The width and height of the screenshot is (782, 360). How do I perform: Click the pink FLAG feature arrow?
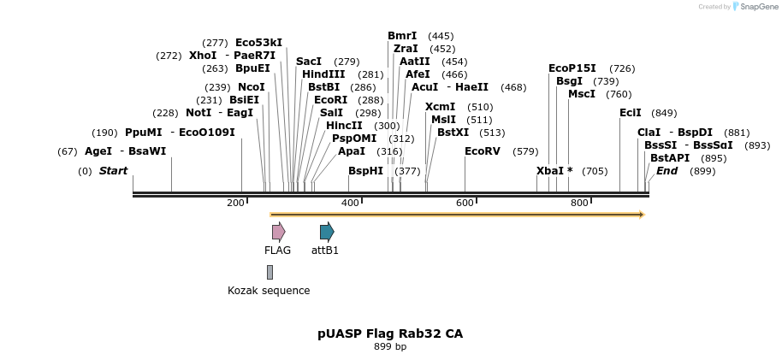(278, 232)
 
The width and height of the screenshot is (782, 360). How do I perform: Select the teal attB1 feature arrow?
(326, 232)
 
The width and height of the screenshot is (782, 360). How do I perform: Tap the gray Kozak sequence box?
(270, 272)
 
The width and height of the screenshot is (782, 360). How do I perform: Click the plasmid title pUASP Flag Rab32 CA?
(390, 333)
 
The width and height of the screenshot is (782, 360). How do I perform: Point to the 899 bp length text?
(390, 347)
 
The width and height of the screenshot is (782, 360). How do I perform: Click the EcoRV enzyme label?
(482, 151)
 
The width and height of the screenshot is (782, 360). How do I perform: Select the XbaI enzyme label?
(549, 171)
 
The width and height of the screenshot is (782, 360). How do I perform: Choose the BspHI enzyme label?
(365, 171)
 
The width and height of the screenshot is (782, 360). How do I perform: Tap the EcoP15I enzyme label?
(572, 68)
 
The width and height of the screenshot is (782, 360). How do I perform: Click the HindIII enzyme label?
(323, 74)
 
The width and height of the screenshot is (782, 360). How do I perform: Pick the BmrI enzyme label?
(402, 36)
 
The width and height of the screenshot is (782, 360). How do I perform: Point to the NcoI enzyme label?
(252, 87)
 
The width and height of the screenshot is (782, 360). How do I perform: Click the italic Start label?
(113, 171)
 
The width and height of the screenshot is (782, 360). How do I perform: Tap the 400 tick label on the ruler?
(350, 203)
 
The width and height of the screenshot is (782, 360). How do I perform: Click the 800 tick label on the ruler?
(579, 203)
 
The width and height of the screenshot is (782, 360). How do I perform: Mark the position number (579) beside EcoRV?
(525, 151)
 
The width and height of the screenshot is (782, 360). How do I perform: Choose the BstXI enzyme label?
(453, 133)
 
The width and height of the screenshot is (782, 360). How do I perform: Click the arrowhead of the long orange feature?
(641, 215)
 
